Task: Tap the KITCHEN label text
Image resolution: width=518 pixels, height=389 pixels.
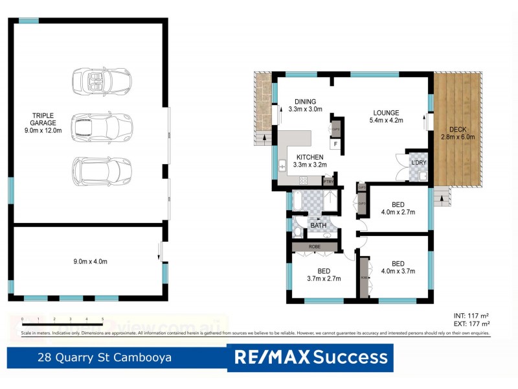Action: tap(310, 158)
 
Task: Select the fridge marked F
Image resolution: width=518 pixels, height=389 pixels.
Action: tap(335, 144)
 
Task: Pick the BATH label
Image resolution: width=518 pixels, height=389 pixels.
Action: tap(317, 225)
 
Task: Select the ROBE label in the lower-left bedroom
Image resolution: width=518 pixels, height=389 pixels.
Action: tap(315, 246)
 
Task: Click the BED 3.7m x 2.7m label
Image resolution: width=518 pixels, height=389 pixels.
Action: tap(324, 275)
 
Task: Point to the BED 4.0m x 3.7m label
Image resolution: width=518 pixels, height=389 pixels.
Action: tap(398, 267)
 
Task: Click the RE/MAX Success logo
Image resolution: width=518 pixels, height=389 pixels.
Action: tap(310, 357)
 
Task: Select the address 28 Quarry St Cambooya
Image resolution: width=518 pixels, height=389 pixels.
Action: tap(104, 357)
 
